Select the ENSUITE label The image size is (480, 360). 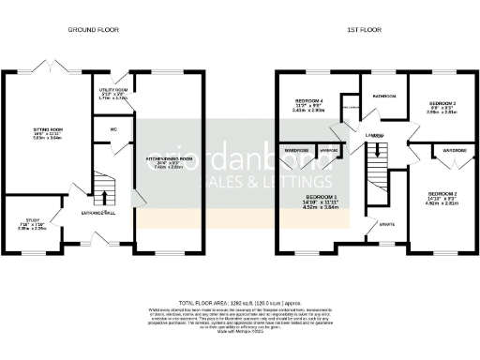[x=385, y=224]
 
